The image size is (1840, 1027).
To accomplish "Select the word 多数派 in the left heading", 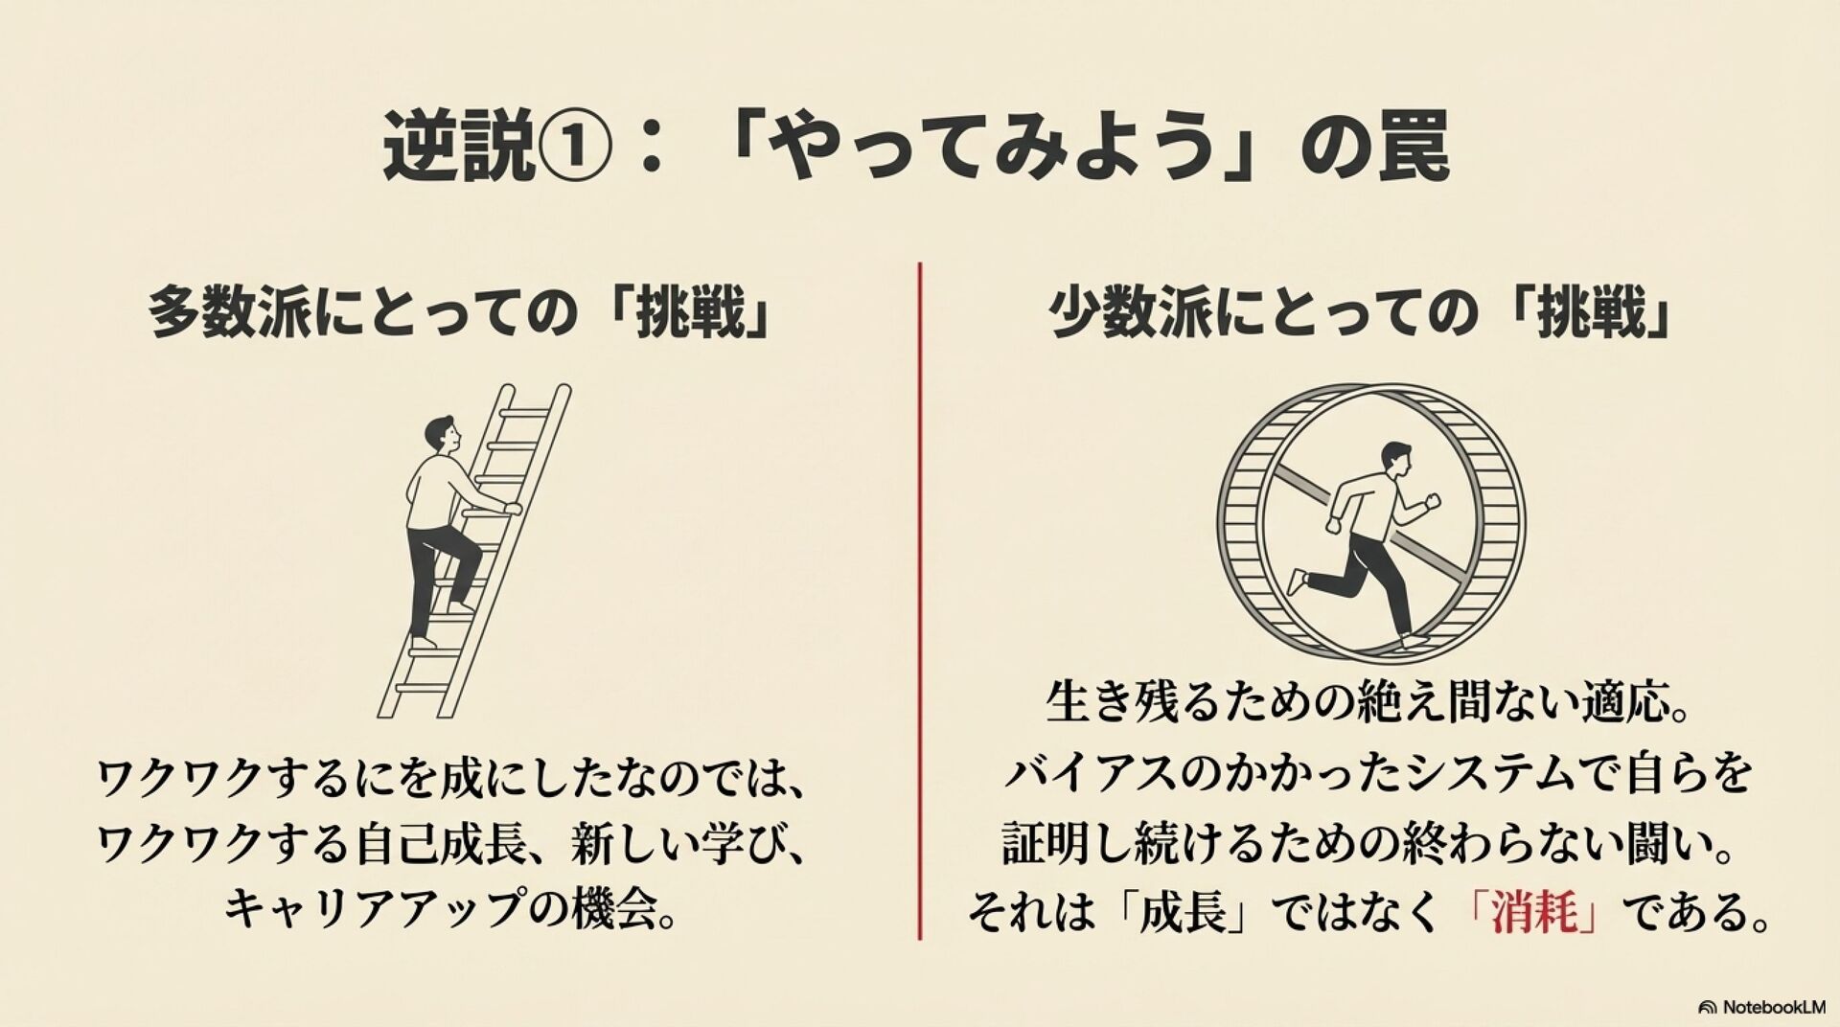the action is pos(229,314).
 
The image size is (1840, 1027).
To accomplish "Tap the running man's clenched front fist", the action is pos(1433,500).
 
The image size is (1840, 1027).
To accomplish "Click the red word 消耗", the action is pos(1533,912).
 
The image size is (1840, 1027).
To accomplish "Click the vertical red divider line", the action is pos(920,601).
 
